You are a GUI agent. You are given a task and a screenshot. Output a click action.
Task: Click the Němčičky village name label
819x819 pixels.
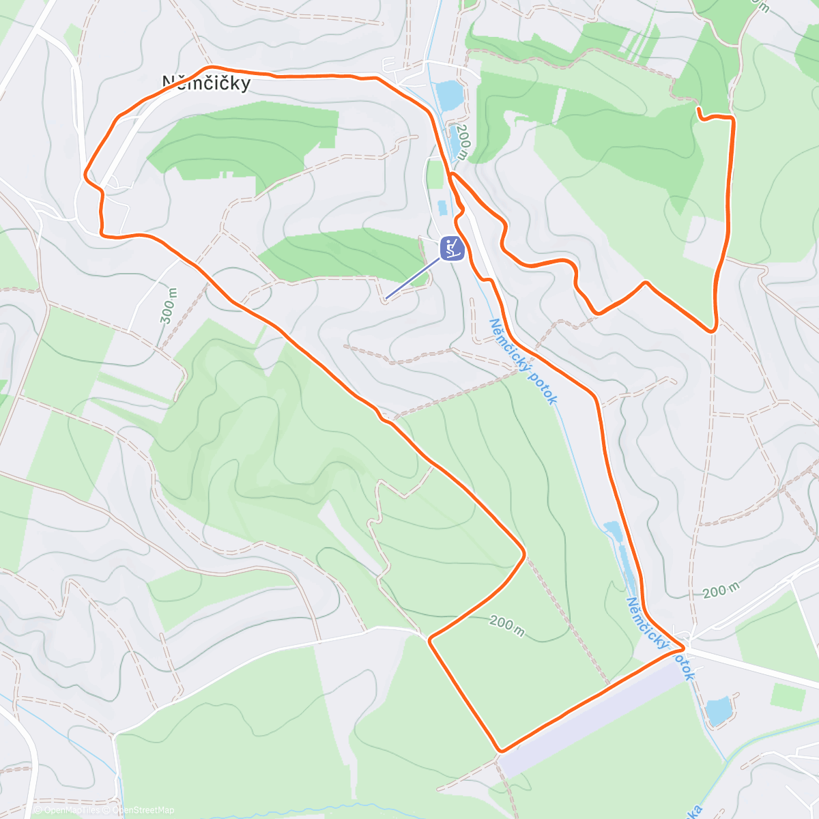click(206, 83)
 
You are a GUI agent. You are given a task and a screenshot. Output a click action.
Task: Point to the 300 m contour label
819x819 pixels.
click(169, 305)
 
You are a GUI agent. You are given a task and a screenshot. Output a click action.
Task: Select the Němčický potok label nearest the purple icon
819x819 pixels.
click(524, 362)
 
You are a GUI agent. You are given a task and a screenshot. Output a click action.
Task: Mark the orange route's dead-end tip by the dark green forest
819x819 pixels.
click(698, 109)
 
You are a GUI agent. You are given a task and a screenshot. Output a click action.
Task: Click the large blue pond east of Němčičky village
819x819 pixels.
click(449, 95)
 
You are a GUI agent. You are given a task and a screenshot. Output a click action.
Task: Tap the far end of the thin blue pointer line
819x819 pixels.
click(386, 298)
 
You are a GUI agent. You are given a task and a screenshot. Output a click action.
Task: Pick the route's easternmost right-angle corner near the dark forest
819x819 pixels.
click(732, 119)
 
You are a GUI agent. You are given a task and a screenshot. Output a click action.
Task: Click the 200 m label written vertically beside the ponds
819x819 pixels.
click(463, 141)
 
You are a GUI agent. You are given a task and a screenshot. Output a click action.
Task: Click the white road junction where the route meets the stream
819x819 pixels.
click(685, 645)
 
